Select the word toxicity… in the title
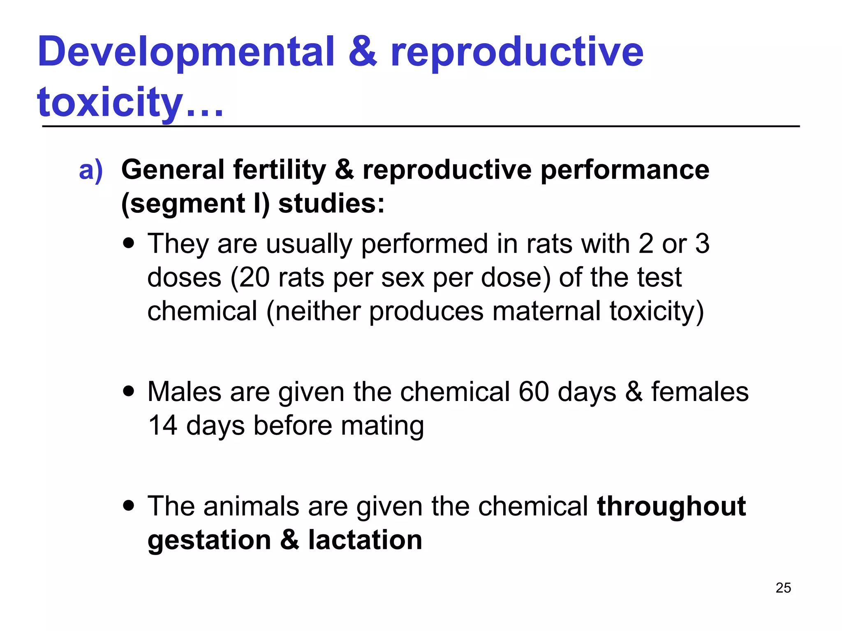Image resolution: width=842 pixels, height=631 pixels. click(130, 103)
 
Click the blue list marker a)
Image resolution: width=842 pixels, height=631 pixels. click(91, 170)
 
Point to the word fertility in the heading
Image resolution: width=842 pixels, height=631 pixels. click(280, 170)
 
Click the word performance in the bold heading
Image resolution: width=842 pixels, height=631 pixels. click(625, 170)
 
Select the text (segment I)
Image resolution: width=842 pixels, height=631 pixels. click(195, 204)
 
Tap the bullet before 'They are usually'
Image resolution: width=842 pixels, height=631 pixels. click(129, 243)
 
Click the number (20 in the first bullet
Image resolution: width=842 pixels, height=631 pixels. click(250, 278)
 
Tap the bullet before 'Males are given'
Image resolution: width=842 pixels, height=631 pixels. click(129, 391)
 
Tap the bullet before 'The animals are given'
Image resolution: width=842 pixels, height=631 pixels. click(129, 506)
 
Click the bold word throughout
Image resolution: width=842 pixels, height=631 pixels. click(671, 506)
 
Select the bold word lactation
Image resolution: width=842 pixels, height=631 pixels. click(365, 540)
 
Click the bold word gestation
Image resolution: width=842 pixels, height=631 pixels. click(209, 541)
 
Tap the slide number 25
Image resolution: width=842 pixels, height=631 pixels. click(783, 588)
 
